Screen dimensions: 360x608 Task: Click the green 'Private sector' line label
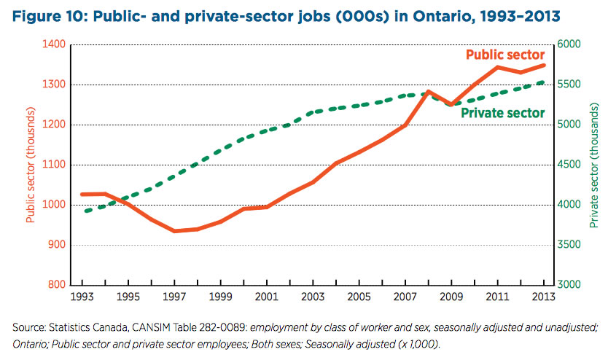pos(503,114)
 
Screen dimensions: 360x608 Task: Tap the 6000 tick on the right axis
pos(572,44)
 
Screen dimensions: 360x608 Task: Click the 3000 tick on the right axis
pos(572,285)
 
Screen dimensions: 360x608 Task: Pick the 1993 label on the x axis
pos(82,298)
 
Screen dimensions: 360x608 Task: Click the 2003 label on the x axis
pos(313,298)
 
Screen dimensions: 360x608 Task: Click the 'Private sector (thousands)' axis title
pos(598,165)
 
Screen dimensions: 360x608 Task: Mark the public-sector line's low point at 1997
pos(175,231)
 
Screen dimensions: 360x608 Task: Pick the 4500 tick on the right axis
pos(572,165)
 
